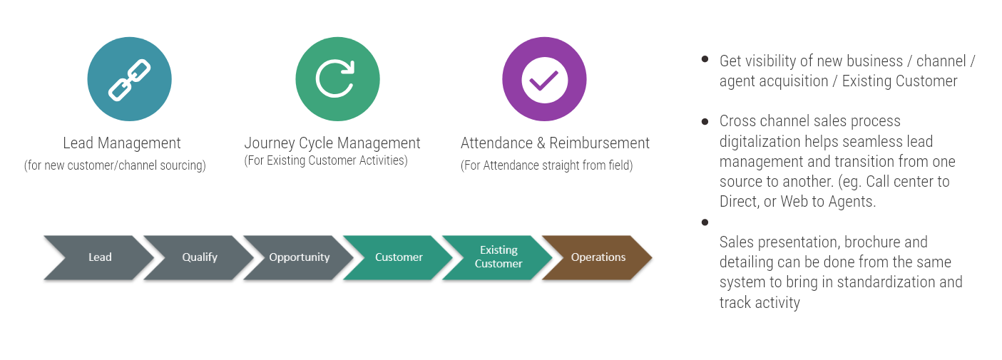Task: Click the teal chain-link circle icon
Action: (x=129, y=79)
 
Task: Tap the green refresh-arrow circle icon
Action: (x=337, y=79)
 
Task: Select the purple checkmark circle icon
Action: (x=544, y=79)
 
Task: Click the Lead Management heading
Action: (x=122, y=143)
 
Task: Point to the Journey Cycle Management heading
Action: (x=332, y=143)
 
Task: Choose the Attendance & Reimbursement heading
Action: (x=555, y=143)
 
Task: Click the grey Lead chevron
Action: (x=98, y=257)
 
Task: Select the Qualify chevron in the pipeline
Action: (x=199, y=257)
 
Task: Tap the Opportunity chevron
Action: (x=299, y=257)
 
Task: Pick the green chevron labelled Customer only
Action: (x=399, y=257)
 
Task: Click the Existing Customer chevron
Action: (x=499, y=257)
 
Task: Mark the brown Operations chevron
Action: (x=598, y=257)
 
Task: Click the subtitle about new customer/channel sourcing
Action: (x=115, y=166)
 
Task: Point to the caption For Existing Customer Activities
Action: (x=326, y=161)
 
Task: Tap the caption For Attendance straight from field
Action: (x=546, y=166)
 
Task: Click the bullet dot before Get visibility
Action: (x=705, y=60)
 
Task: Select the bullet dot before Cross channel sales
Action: (x=705, y=122)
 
